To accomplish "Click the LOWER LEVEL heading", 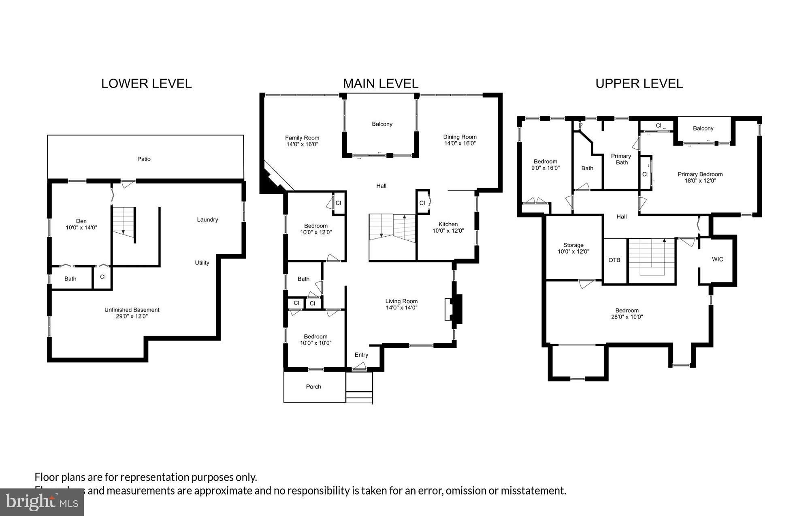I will (146, 84).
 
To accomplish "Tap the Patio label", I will (144, 159).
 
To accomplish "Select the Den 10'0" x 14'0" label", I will (81, 224).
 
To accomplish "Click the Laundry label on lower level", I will (207, 220).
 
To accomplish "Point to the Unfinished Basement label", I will (132, 313).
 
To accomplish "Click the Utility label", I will (202, 263).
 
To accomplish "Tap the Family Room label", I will (302, 141).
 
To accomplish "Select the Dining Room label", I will (460, 140).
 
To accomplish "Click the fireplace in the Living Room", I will (453, 309).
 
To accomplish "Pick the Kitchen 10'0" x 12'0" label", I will (448, 227).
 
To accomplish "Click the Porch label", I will (313, 387).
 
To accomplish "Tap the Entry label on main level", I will (361, 355).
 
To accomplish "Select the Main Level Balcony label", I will (382, 124).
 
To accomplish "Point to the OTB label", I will (614, 260).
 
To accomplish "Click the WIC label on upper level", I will (717, 259).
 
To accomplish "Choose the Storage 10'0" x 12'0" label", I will (573, 248).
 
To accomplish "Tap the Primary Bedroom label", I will (700, 178).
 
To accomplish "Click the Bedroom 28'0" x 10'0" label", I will (627, 314).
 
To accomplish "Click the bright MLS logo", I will (42, 503).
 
